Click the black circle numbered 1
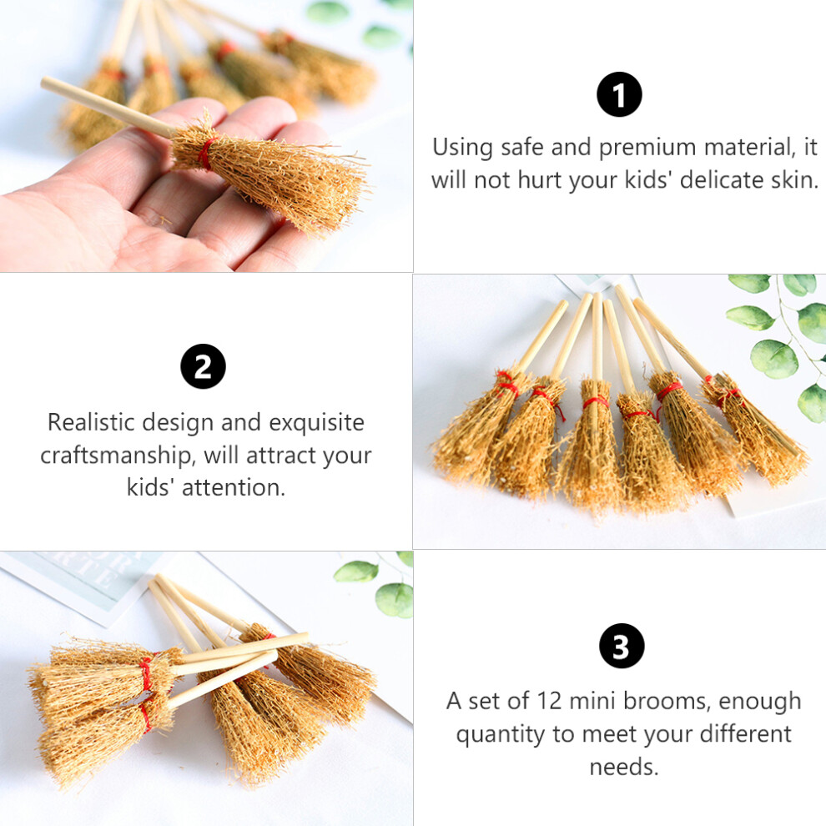(619, 94)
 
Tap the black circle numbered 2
(203, 366)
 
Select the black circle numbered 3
(622, 646)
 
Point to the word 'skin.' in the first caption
(795, 179)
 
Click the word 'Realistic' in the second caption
(91, 422)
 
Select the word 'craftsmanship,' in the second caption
(118, 456)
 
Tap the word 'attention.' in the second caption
(234, 487)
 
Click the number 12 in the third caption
(550, 701)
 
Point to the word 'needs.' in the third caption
(624, 767)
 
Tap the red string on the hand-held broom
(207, 153)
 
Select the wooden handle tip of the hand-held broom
(45, 81)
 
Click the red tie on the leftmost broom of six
(506, 384)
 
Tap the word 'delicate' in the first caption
(722, 179)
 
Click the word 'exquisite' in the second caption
(316, 423)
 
